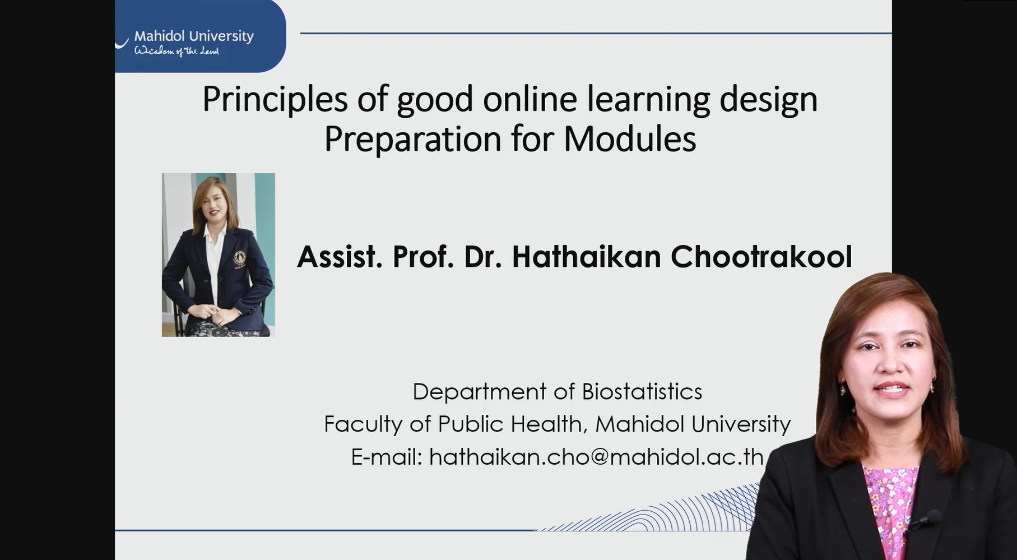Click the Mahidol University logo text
(x=194, y=36)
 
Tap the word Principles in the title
(x=275, y=99)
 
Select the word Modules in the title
(x=630, y=138)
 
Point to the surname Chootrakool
(x=761, y=257)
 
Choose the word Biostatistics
(x=642, y=391)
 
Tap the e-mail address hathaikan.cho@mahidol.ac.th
(x=597, y=457)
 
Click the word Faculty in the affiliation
(x=363, y=424)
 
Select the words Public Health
(x=513, y=424)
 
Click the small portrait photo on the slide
(x=219, y=255)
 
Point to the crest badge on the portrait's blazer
(x=240, y=258)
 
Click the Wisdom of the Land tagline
(x=177, y=51)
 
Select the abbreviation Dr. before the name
(x=482, y=257)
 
